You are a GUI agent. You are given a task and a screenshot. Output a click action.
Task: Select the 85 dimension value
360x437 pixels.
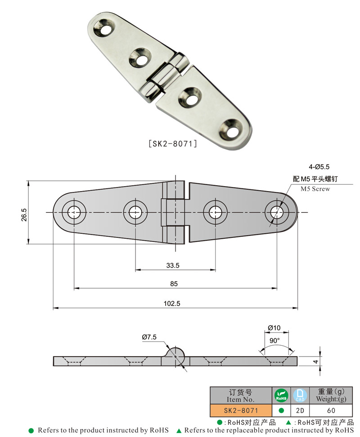tap(174, 284)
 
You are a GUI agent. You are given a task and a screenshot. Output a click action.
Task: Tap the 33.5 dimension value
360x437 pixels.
tap(173, 266)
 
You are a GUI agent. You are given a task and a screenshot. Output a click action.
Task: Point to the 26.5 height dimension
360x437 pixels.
tap(24, 213)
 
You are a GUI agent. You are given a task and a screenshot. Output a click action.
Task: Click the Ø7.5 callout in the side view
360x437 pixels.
tap(149, 337)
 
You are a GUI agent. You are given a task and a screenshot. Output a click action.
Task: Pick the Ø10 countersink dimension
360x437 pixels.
tap(274, 328)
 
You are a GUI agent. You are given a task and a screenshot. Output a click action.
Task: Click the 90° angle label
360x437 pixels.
tap(274, 340)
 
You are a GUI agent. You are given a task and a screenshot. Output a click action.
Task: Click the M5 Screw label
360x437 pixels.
tap(315, 189)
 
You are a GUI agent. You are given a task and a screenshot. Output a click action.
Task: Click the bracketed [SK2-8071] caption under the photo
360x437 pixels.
tap(173, 144)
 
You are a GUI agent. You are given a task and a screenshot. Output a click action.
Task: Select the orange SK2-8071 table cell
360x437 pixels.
tap(241, 410)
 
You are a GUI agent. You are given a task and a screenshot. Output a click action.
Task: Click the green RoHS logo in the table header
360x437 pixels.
tap(281, 396)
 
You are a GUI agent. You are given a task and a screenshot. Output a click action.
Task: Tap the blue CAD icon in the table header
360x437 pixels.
tap(299, 396)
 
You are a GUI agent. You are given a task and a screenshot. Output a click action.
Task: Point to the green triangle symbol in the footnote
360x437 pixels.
tap(179, 431)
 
